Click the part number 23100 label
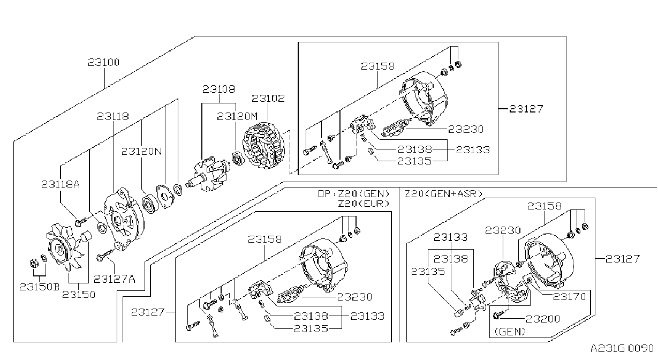click(104, 62)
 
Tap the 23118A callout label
click(60, 184)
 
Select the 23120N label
click(141, 152)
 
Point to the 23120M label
click(237, 117)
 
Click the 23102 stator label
click(268, 98)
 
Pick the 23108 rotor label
click(219, 89)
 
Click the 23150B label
click(40, 287)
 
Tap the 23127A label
click(115, 279)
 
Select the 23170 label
click(570, 297)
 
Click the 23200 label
click(542, 319)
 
